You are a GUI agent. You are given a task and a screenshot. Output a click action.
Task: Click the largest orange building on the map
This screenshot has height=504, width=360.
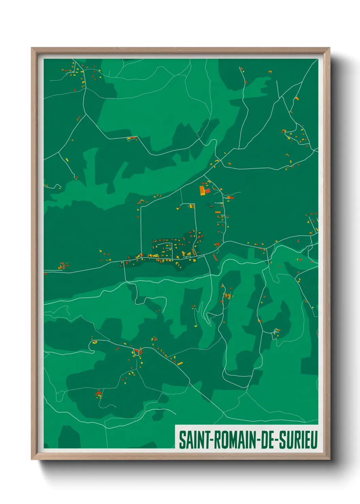tap(202, 190)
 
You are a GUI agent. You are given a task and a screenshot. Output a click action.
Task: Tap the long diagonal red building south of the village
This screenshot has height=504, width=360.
tap(215, 257)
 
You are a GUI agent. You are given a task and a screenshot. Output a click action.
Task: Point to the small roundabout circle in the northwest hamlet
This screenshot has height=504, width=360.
tap(73, 72)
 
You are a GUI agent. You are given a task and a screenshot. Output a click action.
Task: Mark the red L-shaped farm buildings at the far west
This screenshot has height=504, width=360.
tap(62, 266)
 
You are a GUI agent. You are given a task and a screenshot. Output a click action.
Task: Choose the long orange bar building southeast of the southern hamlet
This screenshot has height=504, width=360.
tap(180, 364)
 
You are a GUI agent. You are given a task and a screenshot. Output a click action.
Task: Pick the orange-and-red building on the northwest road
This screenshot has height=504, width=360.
tap(131, 138)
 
